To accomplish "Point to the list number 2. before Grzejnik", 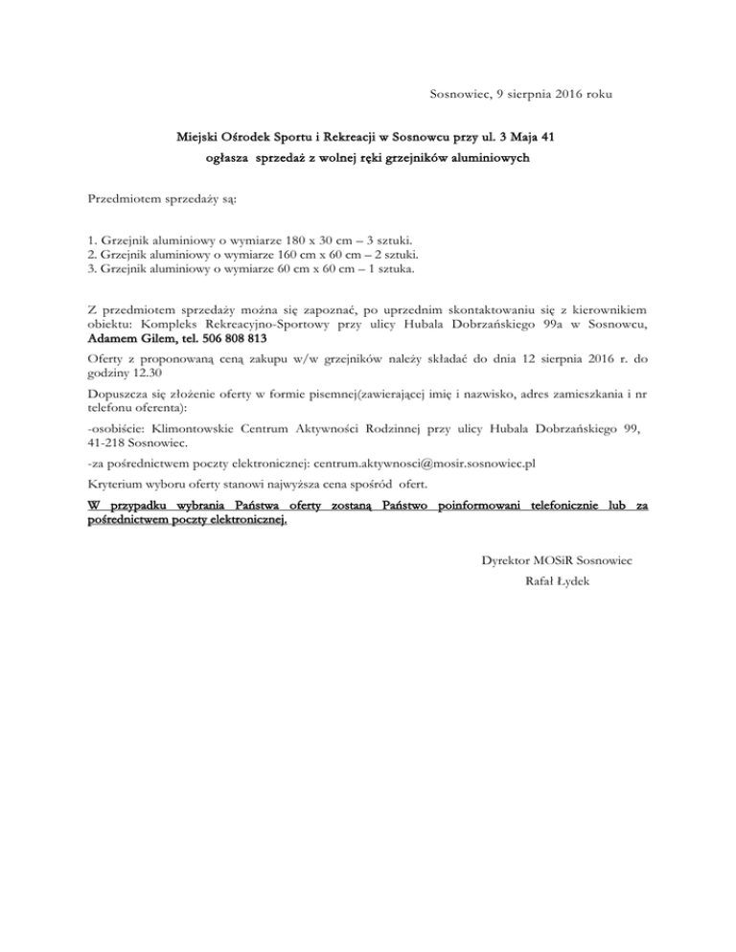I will [91, 256].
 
